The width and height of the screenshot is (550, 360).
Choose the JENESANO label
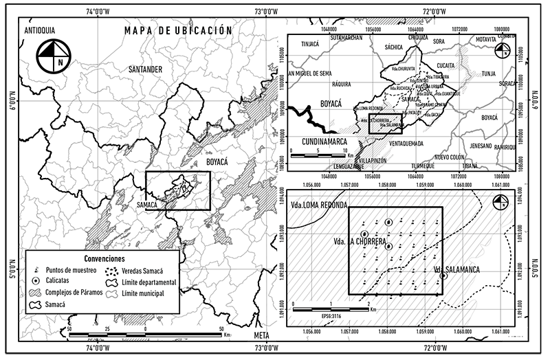point(481,146)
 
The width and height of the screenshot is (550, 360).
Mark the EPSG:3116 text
point(331,315)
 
